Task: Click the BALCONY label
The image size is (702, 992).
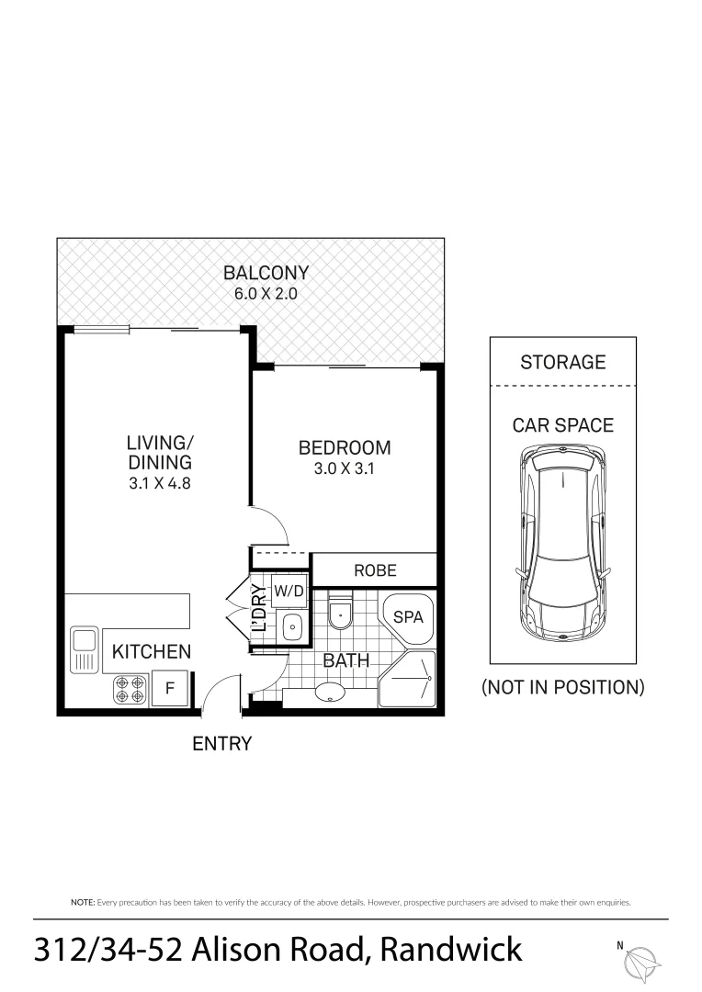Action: pos(266,273)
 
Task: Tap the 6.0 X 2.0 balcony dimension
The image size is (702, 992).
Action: pos(266,295)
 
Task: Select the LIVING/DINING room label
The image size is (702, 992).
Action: pos(160,452)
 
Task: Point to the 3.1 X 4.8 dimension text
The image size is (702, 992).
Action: pos(160,482)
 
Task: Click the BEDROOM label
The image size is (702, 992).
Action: pos(345,448)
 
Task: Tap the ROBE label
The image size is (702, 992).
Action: pos(375,570)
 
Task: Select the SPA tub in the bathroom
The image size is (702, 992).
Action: pos(408,618)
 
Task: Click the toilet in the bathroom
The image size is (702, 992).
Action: pos(339,614)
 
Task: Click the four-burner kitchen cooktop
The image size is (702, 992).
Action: pos(130,690)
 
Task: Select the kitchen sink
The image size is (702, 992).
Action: pos(85,649)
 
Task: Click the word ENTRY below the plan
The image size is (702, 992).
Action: pos(221,744)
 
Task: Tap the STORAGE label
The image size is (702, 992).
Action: pos(562,362)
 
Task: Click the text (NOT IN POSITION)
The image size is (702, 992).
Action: pos(562,687)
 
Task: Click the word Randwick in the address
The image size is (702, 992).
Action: pos(453,949)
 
